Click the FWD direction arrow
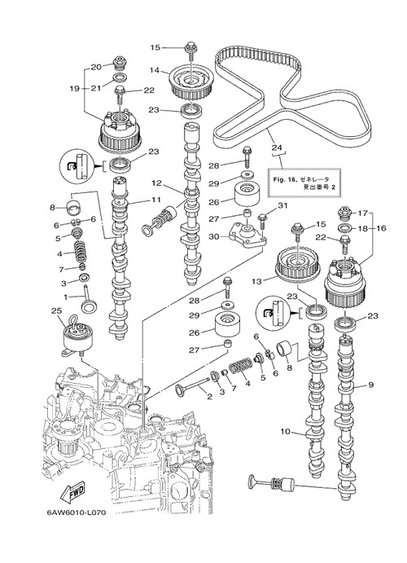[73, 491]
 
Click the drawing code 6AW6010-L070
[77, 512]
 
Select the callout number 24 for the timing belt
[277, 147]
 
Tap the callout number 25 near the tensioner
[57, 310]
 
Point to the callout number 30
[214, 237]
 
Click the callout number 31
[283, 205]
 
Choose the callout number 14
[154, 70]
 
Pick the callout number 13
[256, 281]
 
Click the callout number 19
[75, 88]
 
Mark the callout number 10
[285, 431]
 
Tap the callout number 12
[156, 183]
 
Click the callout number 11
[156, 200]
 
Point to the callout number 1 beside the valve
[66, 297]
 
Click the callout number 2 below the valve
[210, 397]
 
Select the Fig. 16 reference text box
[303, 183]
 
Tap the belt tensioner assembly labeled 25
[77, 336]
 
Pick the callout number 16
[382, 228]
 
